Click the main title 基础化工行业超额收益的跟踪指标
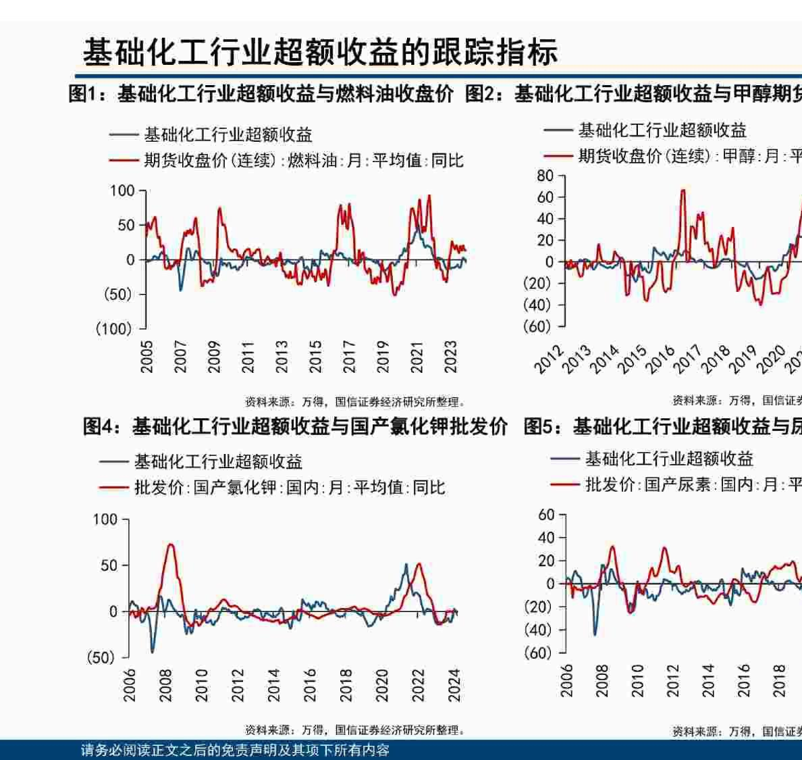point(320,53)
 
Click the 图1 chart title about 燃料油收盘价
point(261,94)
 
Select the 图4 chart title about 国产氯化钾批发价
point(294,426)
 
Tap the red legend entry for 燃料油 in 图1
point(286,161)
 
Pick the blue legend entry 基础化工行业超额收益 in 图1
point(211,135)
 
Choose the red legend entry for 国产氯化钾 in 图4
point(272,487)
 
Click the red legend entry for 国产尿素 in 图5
point(675,484)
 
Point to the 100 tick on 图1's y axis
point(122,191)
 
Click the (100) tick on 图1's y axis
point(113,329)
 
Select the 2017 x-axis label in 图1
point(349,356)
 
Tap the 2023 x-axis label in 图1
point(451,356)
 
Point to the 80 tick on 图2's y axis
point(545,176)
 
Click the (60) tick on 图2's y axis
point(537,326)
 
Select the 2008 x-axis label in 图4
point(165,684)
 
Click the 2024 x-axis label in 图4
point(454,684)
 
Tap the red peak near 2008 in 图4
point(170,544)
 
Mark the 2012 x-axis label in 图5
point(672,680)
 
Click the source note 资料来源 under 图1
point(354,402)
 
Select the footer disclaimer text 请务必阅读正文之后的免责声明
point(235,751)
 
